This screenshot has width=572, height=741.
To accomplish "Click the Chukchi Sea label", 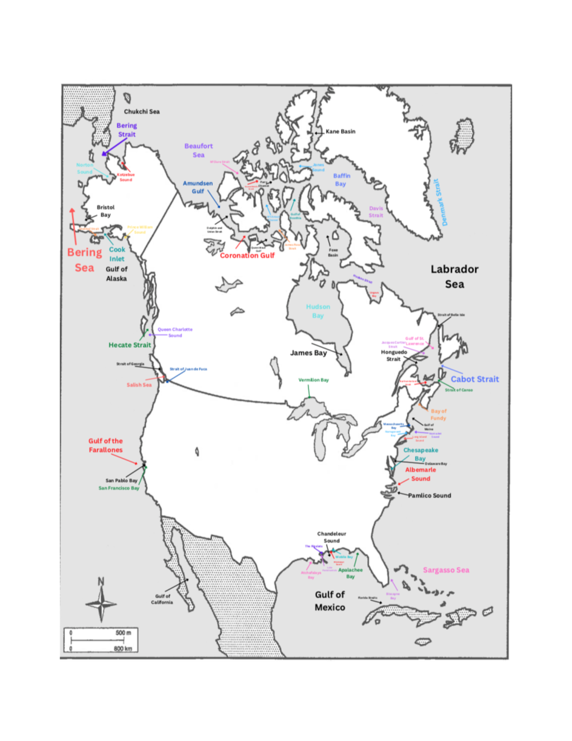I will pyautogui.click(x=142, y=112).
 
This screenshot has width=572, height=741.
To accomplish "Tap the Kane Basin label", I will pyautogui.click(x=340, y=131).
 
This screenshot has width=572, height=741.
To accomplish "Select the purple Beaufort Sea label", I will pyautogui.click(x=199, y=150).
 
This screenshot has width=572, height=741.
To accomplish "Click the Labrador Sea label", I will pyautogui.click(x=454, y=276).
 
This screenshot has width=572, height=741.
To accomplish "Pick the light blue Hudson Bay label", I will pyautogui.click(x=318, y=311).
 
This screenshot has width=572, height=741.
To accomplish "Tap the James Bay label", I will pyautogui.click(x=308, y=353).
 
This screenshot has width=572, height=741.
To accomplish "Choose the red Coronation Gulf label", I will pyautogui.click(x=247, y=255).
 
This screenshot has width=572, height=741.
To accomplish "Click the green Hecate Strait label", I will pyautogui.click(x=130, y=345).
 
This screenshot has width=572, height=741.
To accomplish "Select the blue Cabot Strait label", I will pyautogui.click(x=475, y=379).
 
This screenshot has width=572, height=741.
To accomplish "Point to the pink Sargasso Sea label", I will pyautogui.click(x=446, y=570).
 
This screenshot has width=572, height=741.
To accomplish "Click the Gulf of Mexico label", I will pyautogui.click(x=330, y=601).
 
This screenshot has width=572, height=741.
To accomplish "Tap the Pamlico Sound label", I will pyautogui.click(x=429, y=495).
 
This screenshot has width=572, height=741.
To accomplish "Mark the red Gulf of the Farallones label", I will pyautogui.click(x=105, y=445).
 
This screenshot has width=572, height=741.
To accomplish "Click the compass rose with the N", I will pyautogui.click(x=101, y=602).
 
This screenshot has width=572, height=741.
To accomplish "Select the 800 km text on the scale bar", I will pyautogui.click(x=123, y=648).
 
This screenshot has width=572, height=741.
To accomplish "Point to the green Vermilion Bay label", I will pyautogui.click(x=313, y=380).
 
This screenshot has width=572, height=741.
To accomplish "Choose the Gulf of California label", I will pyautogui.click(x=162, y=599).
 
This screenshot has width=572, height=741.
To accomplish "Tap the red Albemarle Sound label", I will pyautogui.click(x=420, y=474).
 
